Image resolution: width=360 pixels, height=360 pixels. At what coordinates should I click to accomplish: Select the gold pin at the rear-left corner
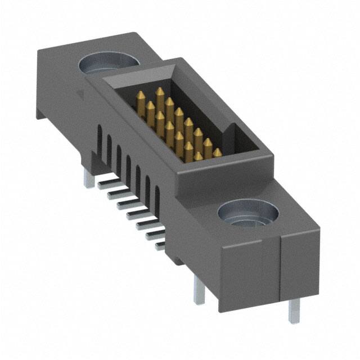click(140, 101)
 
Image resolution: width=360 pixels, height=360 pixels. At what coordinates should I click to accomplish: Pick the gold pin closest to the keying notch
click(217, 153)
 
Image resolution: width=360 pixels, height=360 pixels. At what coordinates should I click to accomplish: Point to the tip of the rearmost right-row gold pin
click(160, 91)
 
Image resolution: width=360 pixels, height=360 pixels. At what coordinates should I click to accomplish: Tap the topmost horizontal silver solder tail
click(105, 182)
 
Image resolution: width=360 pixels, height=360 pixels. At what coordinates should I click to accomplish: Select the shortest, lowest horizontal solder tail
click(160, 245)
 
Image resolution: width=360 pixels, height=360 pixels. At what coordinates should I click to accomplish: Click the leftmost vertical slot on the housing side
click(100, 137)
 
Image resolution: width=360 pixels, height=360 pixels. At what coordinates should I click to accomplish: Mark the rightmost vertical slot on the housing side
click(157, 197)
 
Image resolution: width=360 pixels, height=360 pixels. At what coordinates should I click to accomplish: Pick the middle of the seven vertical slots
click(128, 166)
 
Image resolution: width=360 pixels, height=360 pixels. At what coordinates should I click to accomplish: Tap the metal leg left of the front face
click(199, 292)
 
